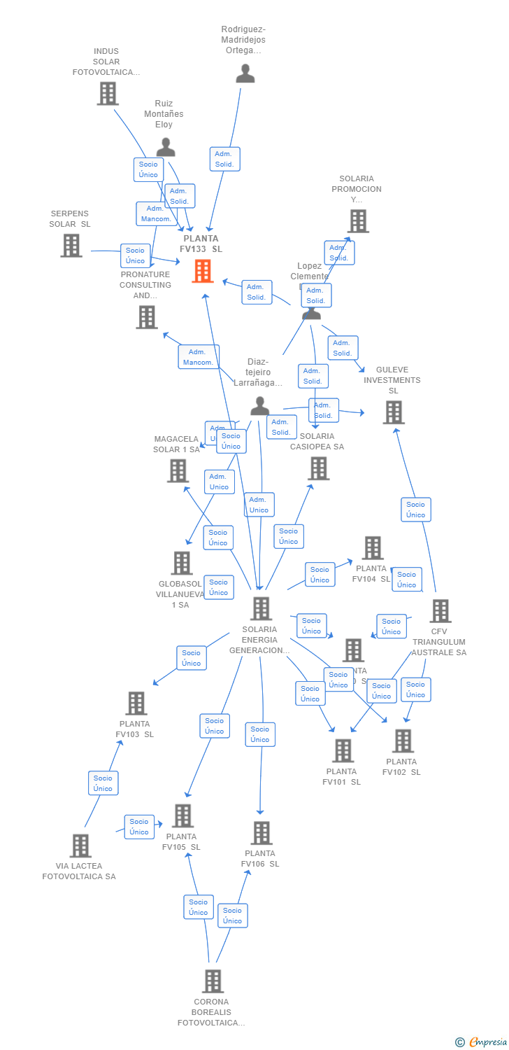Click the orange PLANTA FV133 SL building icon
[203, 271]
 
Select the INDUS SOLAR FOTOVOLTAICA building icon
[107, 93]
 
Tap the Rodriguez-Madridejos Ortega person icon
[245, 73]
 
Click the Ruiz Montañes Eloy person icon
[166, 147]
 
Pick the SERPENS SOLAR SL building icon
[71, 246]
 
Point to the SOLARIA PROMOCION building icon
[358, 221]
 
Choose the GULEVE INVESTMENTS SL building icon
[393, 412]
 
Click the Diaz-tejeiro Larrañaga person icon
[260, 406]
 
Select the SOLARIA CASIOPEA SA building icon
[318, 468]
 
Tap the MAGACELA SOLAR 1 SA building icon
[178, 470]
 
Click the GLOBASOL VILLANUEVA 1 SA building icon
[181, 563]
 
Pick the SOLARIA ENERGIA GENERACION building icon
[261, 608]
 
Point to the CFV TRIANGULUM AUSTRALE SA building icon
[440, 611]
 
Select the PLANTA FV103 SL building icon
[136, 703]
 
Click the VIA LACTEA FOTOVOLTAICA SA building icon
[80, 846]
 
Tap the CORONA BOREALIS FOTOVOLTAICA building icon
[213, 981]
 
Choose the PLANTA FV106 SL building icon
[261, 833]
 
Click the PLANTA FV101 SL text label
[342, 776]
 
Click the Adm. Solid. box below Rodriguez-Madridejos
[224, 159]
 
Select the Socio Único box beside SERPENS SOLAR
[135, 255]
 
